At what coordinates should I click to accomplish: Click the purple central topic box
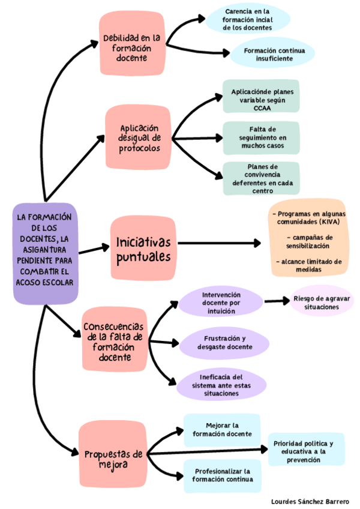tap(46, 253)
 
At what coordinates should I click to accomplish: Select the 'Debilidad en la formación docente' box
tap(132, 43)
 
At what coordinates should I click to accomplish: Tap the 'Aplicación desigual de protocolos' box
tap(138, 137)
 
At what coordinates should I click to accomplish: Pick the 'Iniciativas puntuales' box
tap(143, 248)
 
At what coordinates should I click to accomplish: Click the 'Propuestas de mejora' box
tap(113, 454)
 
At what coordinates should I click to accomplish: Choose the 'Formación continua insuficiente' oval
tap(272, 54)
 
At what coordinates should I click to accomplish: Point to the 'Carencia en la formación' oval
tap(247, 19)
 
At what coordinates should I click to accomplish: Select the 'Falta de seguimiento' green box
tap(262, 137)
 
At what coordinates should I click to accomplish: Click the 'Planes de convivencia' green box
tap(262, 178)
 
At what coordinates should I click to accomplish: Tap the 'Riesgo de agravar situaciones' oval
tap(322, 301)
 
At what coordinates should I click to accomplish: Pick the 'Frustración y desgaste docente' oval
tap(224, 343)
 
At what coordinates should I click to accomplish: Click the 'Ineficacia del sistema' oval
tap(221, 385)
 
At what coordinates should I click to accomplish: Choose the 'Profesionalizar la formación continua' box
tap(223, 475)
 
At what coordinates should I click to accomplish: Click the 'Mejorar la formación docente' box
tap(222, 430)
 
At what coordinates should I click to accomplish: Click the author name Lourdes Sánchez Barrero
tap(310, 502)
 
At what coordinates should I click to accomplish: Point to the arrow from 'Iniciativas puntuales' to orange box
tap(220, 243)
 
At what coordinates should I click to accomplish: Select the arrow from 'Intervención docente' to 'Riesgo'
tap(277, 301)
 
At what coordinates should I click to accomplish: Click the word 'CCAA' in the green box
tap(262, 109)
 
